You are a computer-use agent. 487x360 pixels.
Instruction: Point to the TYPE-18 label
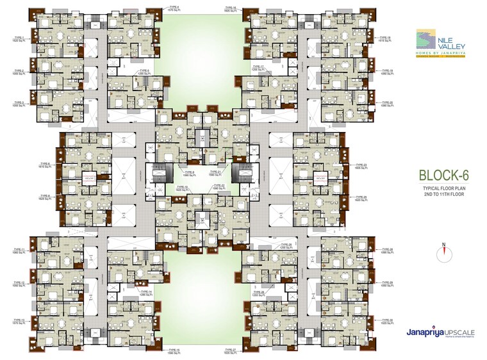tap(386, 39)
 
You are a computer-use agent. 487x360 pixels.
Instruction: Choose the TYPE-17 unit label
tap(258, 67)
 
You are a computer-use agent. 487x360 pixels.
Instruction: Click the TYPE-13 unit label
tap(19, 321)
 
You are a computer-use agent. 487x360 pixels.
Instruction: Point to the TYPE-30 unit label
tap(386, 321)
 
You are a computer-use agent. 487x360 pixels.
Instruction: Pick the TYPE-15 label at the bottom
tap(174, 351)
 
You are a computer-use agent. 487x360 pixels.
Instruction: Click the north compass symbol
tap(442, 253)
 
